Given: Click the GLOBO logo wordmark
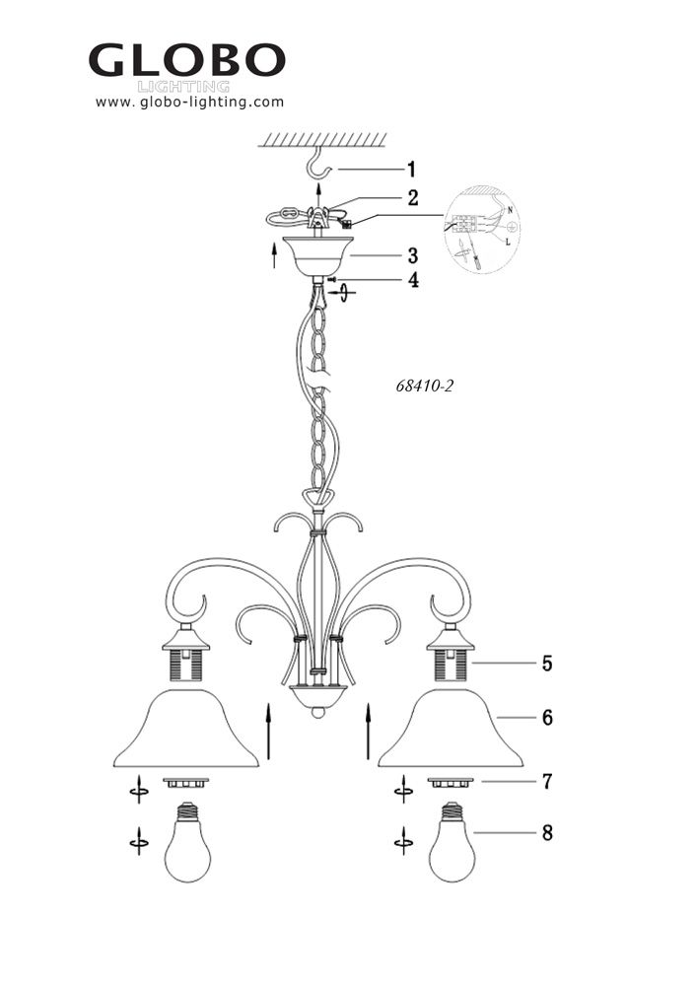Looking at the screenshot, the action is pyautogui.click(x=187, y=60).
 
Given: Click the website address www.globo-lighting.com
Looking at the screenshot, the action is pyautogui.click(x=189, y=102).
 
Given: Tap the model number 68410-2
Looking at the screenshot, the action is pyautogui.click(x=424, y=386).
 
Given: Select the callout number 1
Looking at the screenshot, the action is pyautogui.click(x=411, y=170).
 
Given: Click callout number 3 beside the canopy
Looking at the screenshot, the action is pyautogui.click(x=413, y=256).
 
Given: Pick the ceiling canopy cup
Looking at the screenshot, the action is pyautogui.click(x=318, y=256).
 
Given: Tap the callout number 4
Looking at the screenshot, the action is pyautogui.click(x=413, y=280).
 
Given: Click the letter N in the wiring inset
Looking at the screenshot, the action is pyautogui.click(x=510, y=209).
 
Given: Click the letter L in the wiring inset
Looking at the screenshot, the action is pyautogui.click(x=508, y=243).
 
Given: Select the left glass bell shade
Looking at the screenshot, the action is pyautogui.click(x=186, y=729).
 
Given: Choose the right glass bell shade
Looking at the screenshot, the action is pyautogui.click(x=451, y=729).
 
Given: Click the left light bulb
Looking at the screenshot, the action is pyautogui.click(x=186, y=842).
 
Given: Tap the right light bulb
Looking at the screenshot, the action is pyautogui.click(x=452, y=842).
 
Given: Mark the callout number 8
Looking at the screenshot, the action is pyautogui.click(x=547, y=833).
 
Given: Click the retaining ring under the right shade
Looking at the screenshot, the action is pyautogui.click(x=451, y=783).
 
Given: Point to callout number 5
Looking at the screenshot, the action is pyautogui.click(x=547, y=664).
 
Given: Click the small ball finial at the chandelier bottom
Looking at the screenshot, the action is pyautogui.click(x=318, y=713).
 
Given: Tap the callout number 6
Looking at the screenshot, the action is pyautogui.click(x=547, y=718).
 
